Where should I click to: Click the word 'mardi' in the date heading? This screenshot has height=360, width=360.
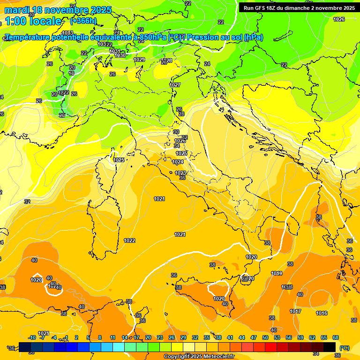click(x=16, y=10)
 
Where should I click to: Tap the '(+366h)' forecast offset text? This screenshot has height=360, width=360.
click(x=83, y=21)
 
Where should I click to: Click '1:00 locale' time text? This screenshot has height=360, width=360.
click(x=33, y=21)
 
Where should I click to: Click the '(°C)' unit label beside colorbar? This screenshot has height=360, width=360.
click(x=344, y=348)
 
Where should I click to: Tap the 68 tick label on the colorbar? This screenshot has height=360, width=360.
click(x=335, y=337)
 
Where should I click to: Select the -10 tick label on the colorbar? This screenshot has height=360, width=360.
click(x=32, y=337)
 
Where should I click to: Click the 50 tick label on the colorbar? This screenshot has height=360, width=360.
click(x=265, y=337)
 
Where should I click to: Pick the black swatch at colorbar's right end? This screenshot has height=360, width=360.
click(x=330, y=347)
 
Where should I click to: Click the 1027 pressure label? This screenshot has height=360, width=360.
click(x=175, y=85)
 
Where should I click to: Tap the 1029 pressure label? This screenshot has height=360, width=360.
click(x=139, y=60)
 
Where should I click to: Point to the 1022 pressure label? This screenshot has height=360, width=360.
click(x=129, y=240)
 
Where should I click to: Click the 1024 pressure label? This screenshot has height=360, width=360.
click(x=178, y=162)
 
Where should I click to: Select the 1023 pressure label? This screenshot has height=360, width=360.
click(x=180, y=173)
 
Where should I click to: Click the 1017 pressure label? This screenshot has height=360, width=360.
click(x=295, y=311)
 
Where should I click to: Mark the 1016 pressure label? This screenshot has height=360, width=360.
click(x=322, y=313)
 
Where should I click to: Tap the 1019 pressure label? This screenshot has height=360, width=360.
click(x=277, y=273)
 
